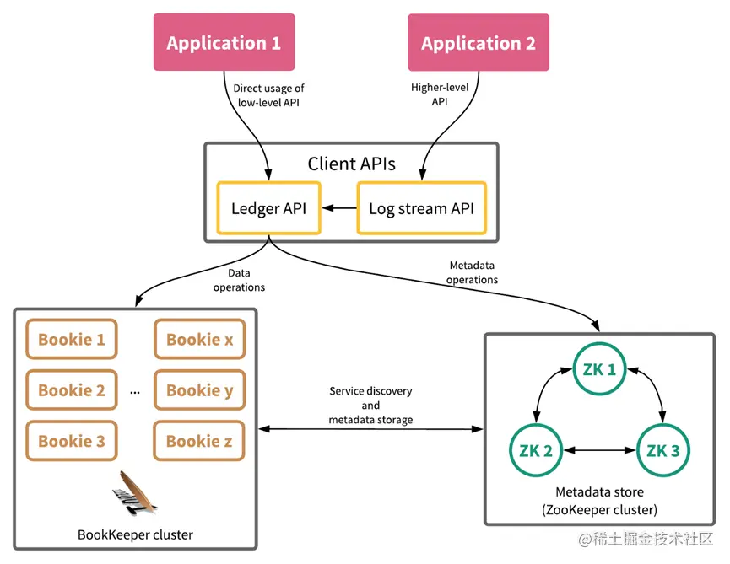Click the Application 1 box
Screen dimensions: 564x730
pos(224,42)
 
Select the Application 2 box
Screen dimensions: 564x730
pos(479,43)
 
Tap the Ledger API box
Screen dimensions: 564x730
pos(268,207)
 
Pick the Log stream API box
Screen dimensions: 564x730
pos(422,207)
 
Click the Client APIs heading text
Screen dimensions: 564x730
pos(351,164)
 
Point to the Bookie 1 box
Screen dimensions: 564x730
pos(72,340)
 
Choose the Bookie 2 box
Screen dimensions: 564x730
pos(72,390)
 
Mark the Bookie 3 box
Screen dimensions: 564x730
pos(72,441)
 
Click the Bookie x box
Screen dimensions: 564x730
pos(199,340)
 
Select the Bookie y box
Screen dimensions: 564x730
pos(199,390)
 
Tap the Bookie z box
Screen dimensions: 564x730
pos(199,441)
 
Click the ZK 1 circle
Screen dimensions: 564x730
pos(599,368)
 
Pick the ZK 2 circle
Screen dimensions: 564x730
pos(537,450)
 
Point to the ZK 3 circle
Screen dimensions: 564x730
pos(662,450)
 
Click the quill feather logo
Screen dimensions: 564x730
pos(135,494)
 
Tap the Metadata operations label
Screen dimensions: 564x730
pos(473,272)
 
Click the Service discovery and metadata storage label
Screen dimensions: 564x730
pos(371,406)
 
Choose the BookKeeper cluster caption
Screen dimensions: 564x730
pos(135,534)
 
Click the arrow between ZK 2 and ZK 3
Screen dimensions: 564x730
pos(599,450)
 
